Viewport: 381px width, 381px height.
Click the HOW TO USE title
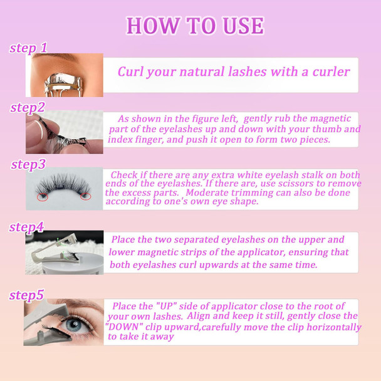195,26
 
